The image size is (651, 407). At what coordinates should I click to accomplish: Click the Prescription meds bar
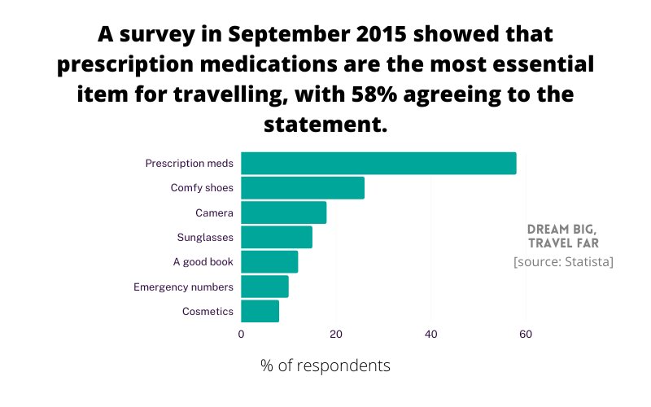coord(378,163)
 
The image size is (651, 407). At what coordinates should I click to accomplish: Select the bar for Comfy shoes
coord(303,188)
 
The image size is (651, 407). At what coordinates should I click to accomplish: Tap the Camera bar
coord(283,212)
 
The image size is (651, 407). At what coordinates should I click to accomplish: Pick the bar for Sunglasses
coord(277,238)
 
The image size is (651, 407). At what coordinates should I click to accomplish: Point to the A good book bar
coord(269,262)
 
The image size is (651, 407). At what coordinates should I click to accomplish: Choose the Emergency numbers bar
coord(264,287)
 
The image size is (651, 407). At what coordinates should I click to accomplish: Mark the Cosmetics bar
coord(260,311)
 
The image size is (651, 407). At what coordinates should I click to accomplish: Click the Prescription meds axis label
coord(189,164)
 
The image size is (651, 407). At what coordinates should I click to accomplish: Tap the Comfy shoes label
coord(202,188)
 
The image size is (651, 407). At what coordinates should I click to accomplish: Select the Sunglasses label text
coord(205,238)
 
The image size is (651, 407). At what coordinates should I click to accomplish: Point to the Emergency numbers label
coord(183,287)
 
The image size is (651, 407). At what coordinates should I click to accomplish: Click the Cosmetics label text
coord(208,311)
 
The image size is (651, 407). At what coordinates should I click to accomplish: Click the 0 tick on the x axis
coord(241,334)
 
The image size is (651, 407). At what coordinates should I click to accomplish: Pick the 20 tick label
coord(336,334)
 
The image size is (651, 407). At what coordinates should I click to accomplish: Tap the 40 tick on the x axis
coord(430,334)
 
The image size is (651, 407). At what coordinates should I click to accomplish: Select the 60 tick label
coord(526,334)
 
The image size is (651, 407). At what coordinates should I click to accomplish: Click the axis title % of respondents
coord(325,365)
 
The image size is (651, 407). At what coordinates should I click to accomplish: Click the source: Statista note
coord(563,262)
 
